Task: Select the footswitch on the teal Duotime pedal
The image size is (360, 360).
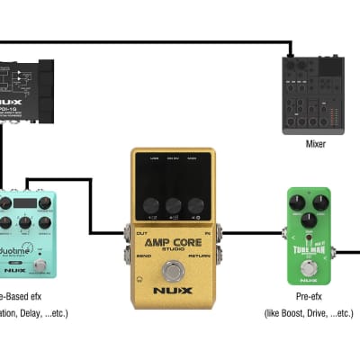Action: point(40,268)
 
